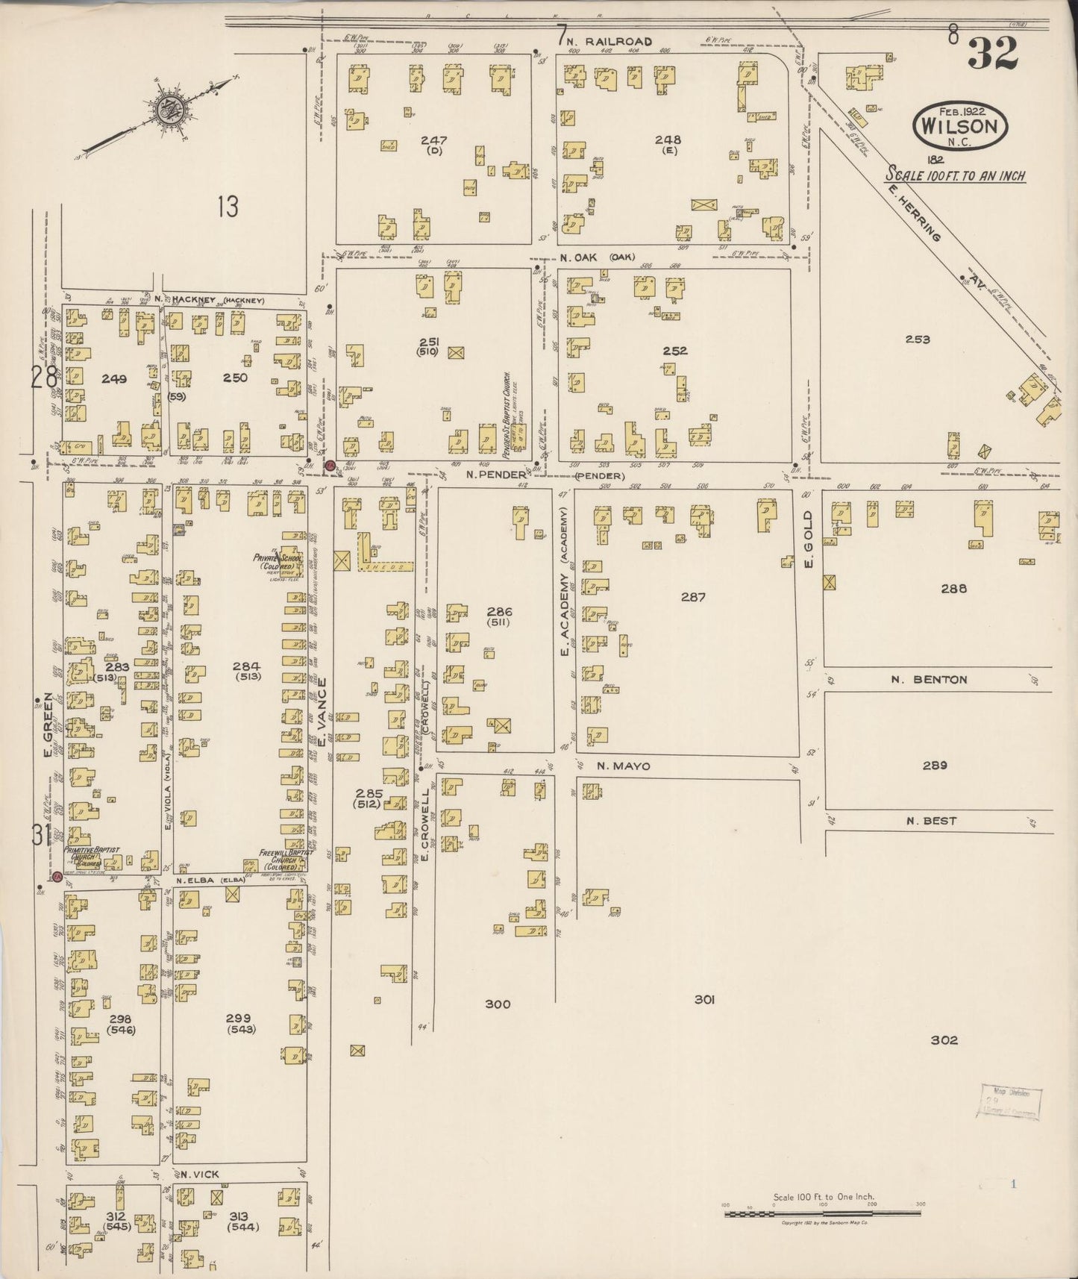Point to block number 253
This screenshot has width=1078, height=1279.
coord(917,340)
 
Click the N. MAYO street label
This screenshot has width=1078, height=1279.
coord(623,766)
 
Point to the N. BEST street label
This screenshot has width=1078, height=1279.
coord(931,821)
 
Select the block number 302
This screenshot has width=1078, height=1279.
coord(944,1040)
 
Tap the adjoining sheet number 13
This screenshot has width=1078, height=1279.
coord(228,206)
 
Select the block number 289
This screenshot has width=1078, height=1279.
coord(934,766)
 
